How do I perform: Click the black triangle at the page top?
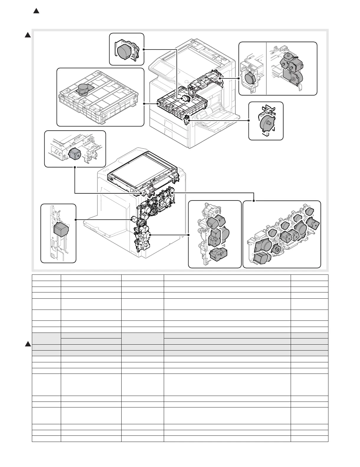tap(36, 11)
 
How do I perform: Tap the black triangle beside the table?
tap(28, 344)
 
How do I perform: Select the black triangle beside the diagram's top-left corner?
tap(27, 35)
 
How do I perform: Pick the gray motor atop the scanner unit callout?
tap(83, 89)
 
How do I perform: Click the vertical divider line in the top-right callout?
tap(266, 68)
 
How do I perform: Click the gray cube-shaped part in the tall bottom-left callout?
tap(61, 229)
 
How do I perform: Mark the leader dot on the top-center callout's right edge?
tap(144, 49)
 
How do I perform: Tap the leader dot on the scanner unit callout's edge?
tap(144, 104)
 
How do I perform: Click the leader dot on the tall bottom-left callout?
tap(76, 220)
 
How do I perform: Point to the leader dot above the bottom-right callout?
tap(254, 201)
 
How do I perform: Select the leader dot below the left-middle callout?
tap(75, 167)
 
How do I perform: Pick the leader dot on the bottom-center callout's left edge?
tap(188, 235)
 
